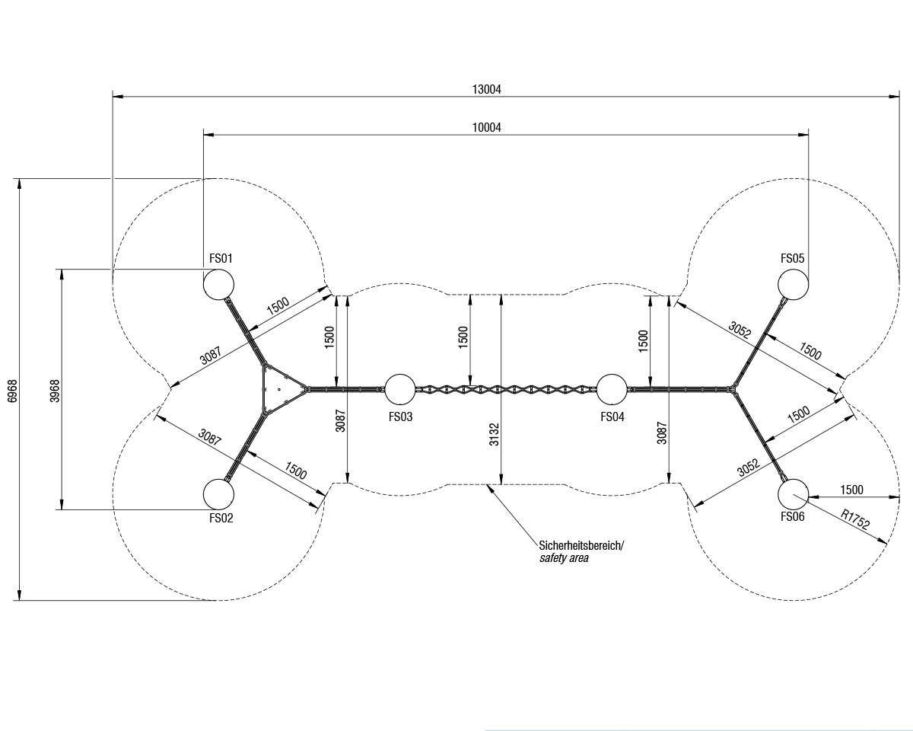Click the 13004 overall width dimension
[486, 89]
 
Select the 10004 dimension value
[486, 127]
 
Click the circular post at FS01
[219, 284]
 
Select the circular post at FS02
[219, 494]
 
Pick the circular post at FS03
[400, 389]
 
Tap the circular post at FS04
[612, 389]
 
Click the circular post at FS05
[793, 284]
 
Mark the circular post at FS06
[793, 494]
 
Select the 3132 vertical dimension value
[495, 432]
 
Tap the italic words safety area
[564, 558]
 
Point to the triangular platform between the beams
[278, 389]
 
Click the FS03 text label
[400, 417]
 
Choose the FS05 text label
[792, 258]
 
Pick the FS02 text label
[221, 519]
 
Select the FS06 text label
[792, 517]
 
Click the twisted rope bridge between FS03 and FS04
[506, 389]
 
